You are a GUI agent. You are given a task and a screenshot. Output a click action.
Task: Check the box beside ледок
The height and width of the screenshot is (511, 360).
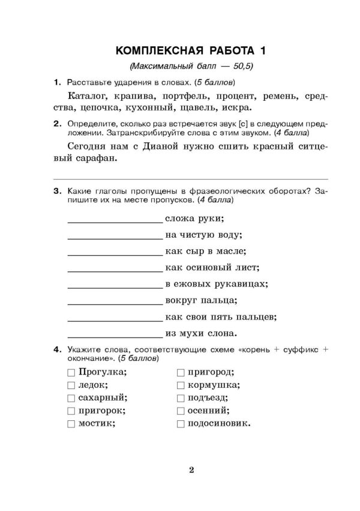coord(71,385)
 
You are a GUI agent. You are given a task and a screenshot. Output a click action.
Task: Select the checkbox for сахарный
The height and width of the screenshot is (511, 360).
coord(71,398)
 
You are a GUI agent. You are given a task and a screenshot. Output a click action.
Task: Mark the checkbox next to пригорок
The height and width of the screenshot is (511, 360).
coord(71,411)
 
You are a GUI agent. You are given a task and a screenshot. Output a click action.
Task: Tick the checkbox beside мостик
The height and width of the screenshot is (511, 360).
coord(71,425)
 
